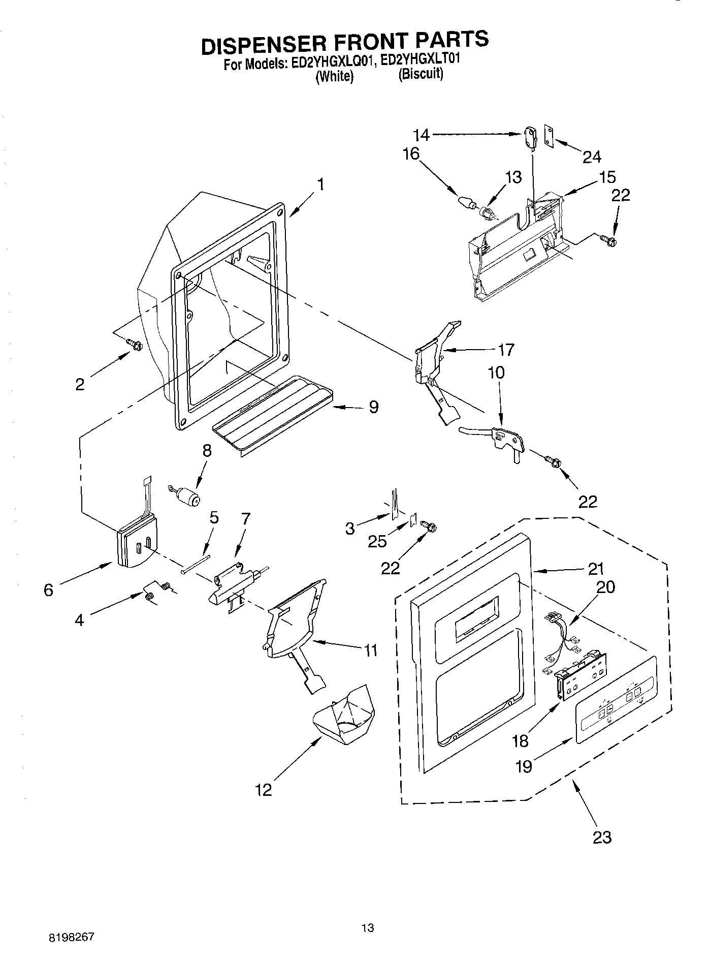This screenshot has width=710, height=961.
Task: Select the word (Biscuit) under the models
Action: click(421, 74)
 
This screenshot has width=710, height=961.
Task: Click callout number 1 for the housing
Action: click(321, 184)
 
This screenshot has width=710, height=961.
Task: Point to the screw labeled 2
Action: click(135, 345)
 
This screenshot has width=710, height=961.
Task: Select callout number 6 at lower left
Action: click(48, 590)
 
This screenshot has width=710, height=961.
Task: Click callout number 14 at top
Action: click(421, 135)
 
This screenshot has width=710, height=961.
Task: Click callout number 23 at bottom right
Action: click(602, 836)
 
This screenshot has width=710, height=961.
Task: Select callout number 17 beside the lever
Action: click(506, 350)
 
